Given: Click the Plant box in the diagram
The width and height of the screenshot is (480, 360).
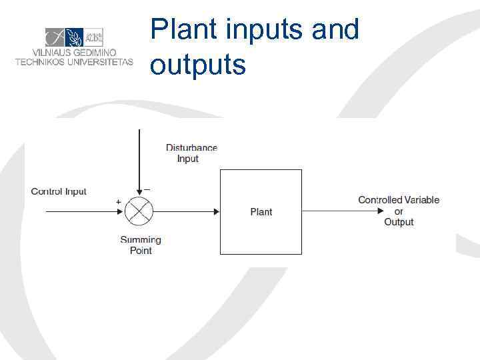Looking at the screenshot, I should click(x=261, y=211).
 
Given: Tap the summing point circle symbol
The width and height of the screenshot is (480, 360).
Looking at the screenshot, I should click(x=139, y=212).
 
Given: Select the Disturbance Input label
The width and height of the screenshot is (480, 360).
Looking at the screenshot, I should click(x=191, y=153).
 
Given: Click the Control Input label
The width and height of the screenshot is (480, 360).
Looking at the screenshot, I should click(x=59, y=191).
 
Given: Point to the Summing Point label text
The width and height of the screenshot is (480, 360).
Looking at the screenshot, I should click(x=141, y=245).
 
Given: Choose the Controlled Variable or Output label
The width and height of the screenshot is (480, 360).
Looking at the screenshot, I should click(x=399, y=211).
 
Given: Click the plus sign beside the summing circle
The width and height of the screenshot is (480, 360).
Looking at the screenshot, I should click(x=118, y=201).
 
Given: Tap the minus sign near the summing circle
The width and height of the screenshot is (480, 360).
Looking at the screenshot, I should click(x=147, y=189).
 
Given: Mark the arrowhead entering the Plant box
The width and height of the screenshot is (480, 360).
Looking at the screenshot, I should click(x=216, y=212).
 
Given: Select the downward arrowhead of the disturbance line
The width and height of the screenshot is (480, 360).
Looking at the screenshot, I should click(x=139, y=194).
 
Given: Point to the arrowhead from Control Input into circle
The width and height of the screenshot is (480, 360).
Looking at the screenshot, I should click(x=121, y=212).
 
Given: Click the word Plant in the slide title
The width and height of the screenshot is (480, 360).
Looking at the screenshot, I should click(x=175, y=30).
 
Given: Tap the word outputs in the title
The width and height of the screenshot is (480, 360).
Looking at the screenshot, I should click(x=198, y=65).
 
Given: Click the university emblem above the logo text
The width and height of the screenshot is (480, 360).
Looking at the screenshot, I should click(x=73, y=37).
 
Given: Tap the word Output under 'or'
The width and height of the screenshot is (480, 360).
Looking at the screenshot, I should click(x=399, y=222).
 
